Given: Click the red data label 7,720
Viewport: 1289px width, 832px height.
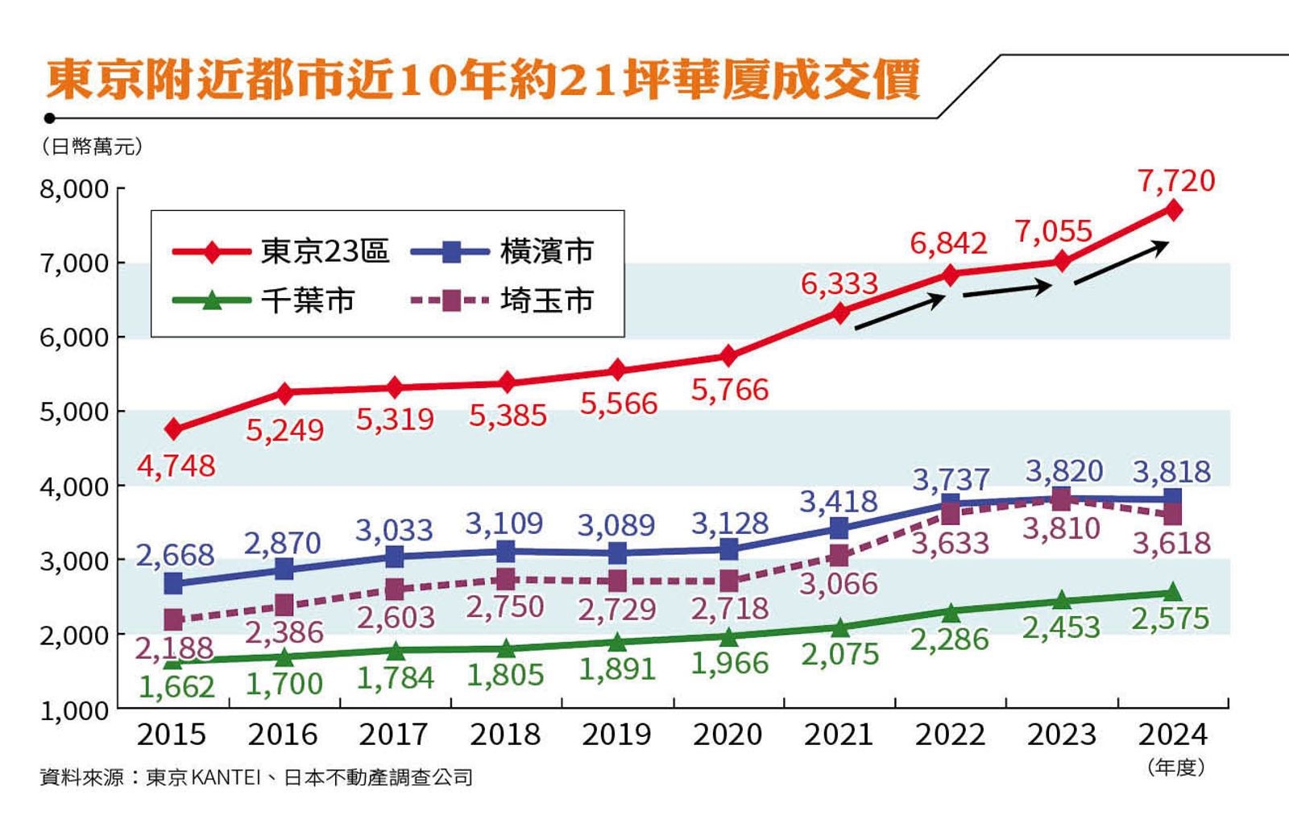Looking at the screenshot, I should coord(1175,180).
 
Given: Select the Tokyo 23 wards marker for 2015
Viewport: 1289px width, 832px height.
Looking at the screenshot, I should coord(173,429).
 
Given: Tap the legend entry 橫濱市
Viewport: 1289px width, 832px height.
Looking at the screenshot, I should coord(545,251).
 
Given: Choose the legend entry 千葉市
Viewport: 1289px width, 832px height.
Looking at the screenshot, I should coord(307,300).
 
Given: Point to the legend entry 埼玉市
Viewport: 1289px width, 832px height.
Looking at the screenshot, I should coord(545,300).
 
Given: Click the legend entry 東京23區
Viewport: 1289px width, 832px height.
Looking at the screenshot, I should coord(324,251).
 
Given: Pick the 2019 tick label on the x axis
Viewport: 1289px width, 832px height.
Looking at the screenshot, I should coord(616,734).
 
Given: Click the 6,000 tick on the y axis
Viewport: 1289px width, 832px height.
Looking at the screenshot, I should coord(74,337).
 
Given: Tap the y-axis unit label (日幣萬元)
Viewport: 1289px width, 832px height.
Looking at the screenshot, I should coord(91,147).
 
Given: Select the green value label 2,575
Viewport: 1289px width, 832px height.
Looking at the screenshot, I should coord(1171,619).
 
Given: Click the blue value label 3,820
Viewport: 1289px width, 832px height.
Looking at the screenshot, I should coord(1063,470).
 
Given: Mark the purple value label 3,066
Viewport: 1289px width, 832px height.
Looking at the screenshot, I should coord(838,583).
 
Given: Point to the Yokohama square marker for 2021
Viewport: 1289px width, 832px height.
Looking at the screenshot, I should coord(839,528).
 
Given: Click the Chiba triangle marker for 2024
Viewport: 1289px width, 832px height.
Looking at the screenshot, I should coord(1173,593).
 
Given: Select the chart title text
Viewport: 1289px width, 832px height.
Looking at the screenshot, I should coord(483,81).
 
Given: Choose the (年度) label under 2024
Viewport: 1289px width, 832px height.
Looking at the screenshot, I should coord(1175,768).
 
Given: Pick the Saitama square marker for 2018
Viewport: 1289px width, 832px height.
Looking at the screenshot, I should coord(506,579).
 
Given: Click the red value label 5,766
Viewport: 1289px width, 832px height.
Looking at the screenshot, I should coord(730,390).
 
